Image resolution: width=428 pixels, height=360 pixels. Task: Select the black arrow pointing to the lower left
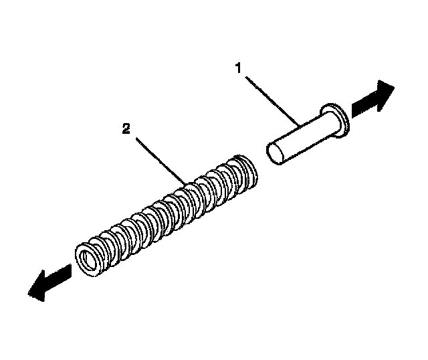coord(49,280)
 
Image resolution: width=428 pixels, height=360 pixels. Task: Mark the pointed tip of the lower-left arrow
coord(28,292)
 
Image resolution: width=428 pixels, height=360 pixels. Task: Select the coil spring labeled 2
coord(167,214)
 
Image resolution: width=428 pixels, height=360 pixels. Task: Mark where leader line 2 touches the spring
coord(186,181)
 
